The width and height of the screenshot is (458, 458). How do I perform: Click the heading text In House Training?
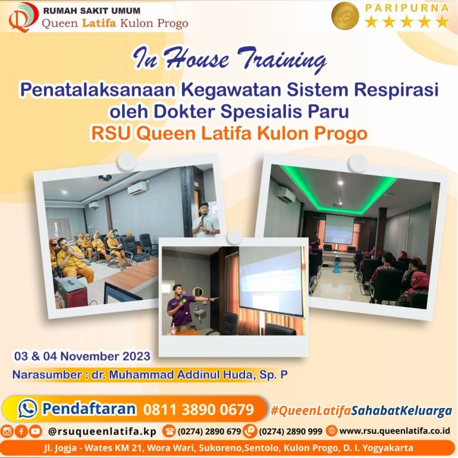click(230, 60)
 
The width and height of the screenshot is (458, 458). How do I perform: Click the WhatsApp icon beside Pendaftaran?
click(27, 409)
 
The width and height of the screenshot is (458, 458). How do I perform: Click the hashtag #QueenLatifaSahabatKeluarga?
click(361, 411)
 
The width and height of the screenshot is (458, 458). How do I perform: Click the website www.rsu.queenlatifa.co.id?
click(394, 431)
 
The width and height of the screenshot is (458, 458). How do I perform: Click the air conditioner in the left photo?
click(137, 188)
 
